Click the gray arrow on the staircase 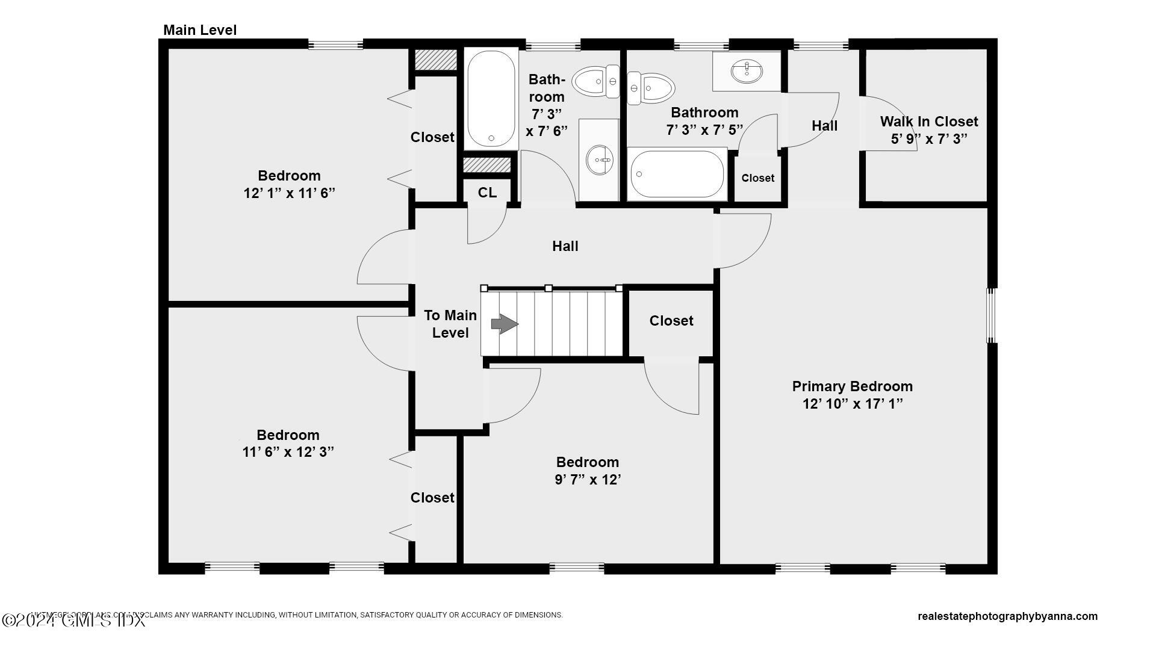505,324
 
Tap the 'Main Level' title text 200,30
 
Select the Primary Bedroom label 852,386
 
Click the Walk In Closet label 928,122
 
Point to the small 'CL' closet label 487,193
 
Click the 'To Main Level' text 450,324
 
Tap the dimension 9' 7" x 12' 588,480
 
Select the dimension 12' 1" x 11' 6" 289,193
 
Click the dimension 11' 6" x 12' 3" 288,452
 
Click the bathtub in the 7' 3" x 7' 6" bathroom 491,99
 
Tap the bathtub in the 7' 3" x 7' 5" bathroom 677,175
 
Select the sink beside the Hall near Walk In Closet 747,71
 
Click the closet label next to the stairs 671,321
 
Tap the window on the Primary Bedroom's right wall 991,315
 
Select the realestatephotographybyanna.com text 1007,616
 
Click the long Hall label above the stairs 565,246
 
